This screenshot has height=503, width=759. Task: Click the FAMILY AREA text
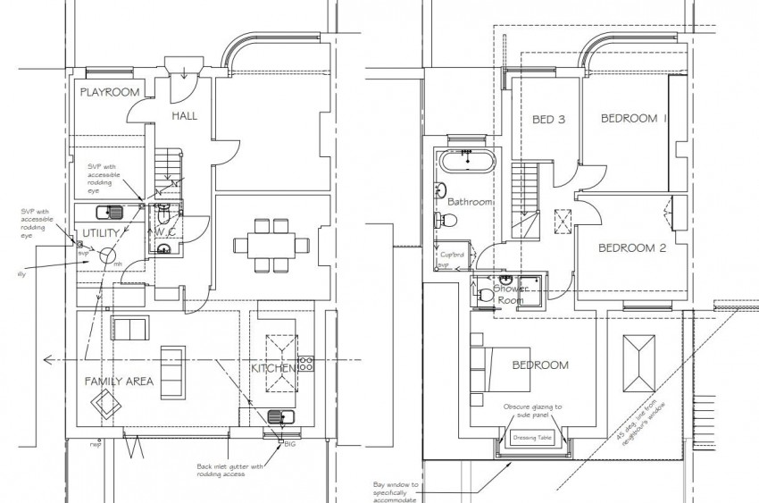click(x=119, y=381)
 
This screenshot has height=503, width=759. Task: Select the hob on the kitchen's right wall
click(x=307, y=364)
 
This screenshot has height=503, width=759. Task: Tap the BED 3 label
click(x=548, y=120)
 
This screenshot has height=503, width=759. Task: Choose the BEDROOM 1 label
click(x=634, y=118)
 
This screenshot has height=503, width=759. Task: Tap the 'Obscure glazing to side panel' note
click(x=532, y=412)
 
